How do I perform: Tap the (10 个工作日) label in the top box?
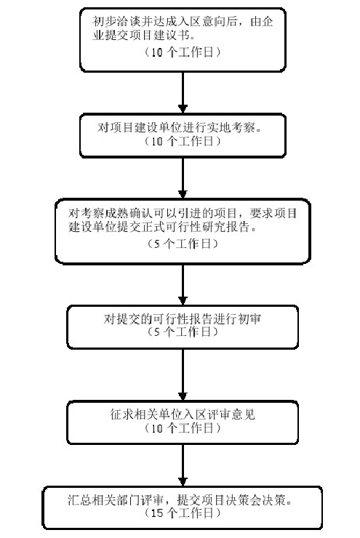point(183,52)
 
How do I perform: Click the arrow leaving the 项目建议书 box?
point(183,92)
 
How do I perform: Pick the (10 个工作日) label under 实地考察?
point(183,140)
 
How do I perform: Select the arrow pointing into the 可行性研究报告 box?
point(183,177)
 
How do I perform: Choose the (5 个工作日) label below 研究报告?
point(183,244)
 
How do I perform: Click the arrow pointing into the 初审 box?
point(183,284)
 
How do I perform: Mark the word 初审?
point(249,318)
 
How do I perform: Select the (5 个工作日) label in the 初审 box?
point(183,332)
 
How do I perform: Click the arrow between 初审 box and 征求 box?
point(183,374)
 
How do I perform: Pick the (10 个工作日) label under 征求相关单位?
point(183,427)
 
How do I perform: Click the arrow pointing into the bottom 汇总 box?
point(183,465)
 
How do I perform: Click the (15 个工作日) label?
point(183,513)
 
